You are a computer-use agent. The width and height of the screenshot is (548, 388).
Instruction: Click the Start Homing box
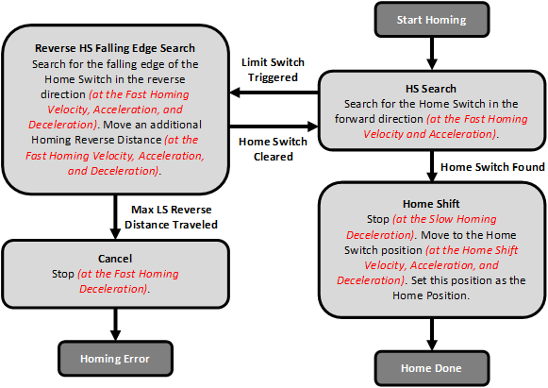[x=432, y=18]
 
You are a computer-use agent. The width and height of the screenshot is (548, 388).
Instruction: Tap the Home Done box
[x=432, y=367]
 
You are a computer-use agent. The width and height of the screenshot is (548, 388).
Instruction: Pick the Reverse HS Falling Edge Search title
[x=114, y=48]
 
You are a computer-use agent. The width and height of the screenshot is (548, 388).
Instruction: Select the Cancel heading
[x=115, y=257]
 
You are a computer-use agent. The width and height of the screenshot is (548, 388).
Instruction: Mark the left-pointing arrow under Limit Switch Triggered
[x=274, y=93]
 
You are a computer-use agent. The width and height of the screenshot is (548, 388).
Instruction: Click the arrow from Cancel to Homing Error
[x=115, y=323]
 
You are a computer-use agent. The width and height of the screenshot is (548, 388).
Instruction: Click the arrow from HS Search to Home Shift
[x=432, y=165]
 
